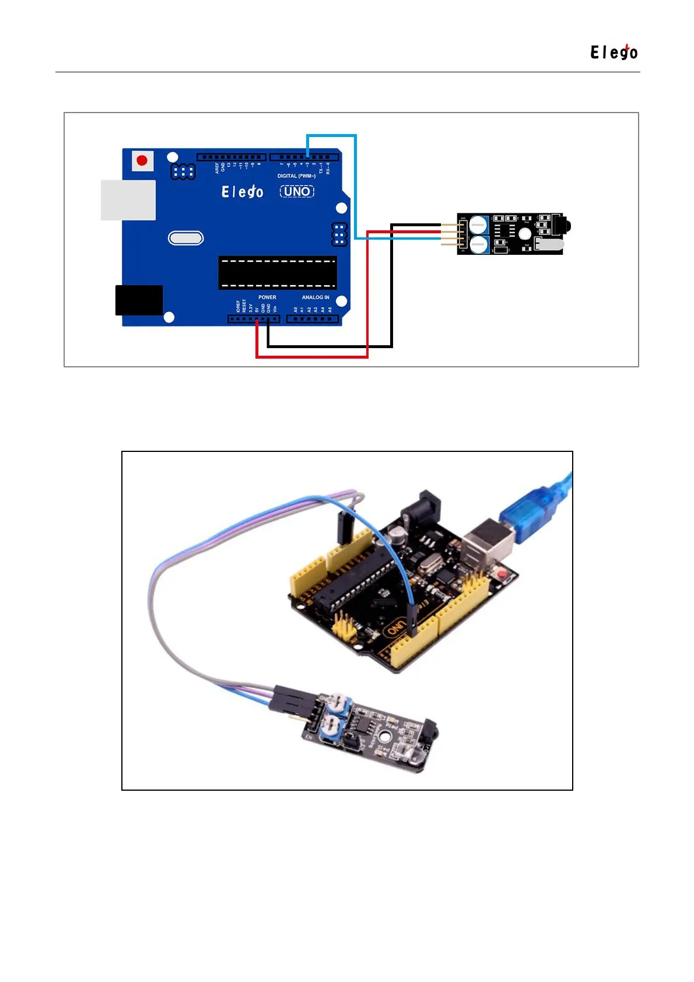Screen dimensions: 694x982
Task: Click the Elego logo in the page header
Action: point(614,52)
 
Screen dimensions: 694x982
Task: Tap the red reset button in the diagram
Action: point(142,160)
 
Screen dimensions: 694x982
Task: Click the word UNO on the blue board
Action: point(297,191)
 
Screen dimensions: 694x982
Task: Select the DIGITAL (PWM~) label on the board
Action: point(296,176)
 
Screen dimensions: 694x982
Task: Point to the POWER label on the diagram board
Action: point(267,297)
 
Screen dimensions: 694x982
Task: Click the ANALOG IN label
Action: point(316,297)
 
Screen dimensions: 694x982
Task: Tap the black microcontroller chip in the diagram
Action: point(278,272)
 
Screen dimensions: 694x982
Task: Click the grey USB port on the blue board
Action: point(128,200)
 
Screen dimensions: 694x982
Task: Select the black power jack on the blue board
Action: point(139,300)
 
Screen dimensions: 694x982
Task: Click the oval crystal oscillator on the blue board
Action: point(185,238)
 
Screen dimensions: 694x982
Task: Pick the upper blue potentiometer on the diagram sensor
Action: point(479,224)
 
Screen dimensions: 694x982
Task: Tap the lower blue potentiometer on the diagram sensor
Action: point(479,244)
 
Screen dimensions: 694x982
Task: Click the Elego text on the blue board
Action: point(242,191)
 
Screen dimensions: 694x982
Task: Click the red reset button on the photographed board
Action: point(502,576)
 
